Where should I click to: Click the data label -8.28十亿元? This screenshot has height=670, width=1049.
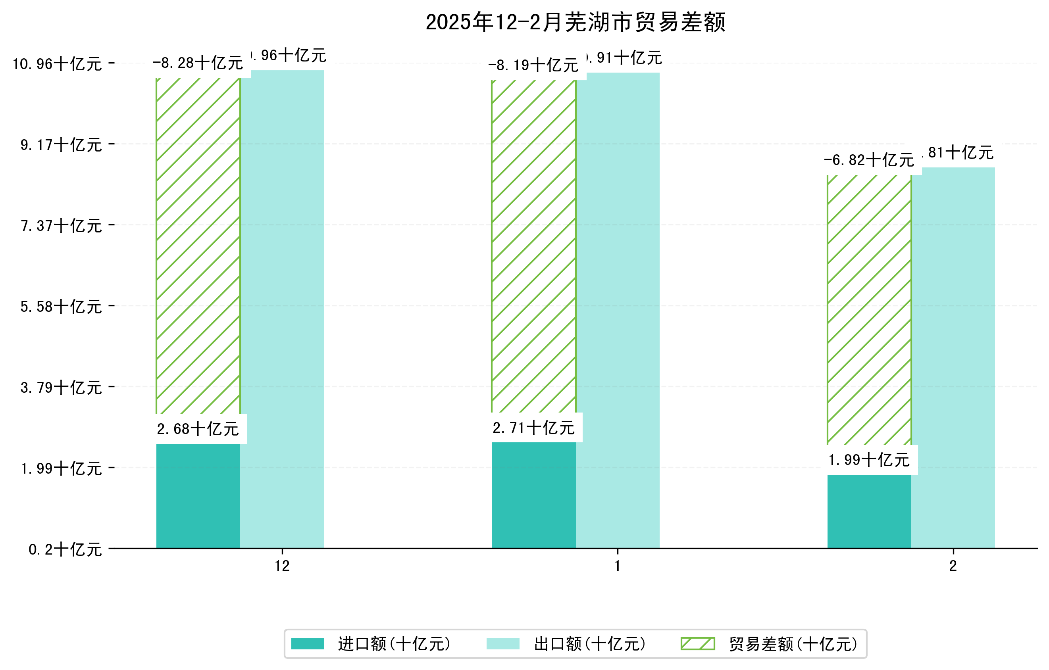point(198,63)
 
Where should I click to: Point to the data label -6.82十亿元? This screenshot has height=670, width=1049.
point(869,160)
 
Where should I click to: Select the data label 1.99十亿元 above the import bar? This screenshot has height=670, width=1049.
point(869,460)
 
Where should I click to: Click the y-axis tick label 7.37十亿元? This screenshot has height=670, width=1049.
point(62,225)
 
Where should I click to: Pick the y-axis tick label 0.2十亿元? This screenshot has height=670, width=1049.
point(65,549)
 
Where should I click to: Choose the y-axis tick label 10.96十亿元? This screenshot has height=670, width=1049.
point(57,64)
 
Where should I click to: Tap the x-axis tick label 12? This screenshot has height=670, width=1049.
point(282,566)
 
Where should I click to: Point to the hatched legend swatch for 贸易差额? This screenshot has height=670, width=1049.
point(697,643)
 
